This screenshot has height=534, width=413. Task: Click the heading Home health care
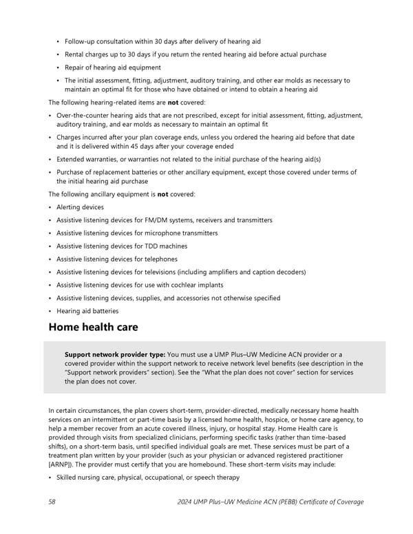[93, 327]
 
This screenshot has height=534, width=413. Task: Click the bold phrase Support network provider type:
[115, 354]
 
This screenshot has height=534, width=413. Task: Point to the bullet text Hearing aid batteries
[87, 311]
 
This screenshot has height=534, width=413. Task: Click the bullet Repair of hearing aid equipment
[113, 67]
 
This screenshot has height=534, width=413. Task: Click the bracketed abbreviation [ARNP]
[64, 464]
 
